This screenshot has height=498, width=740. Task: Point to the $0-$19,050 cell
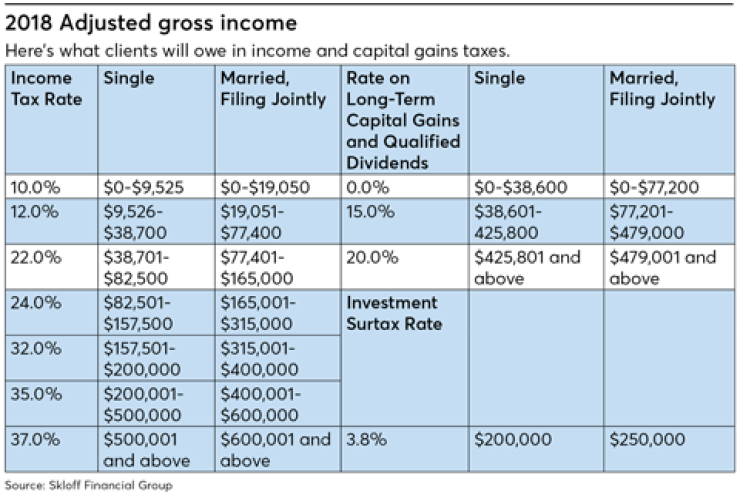click(263, 185)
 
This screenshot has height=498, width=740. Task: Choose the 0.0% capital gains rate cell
click(365, 185)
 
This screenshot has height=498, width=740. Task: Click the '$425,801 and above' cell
click(527, 267)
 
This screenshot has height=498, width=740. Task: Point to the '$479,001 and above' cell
click(661, 267)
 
